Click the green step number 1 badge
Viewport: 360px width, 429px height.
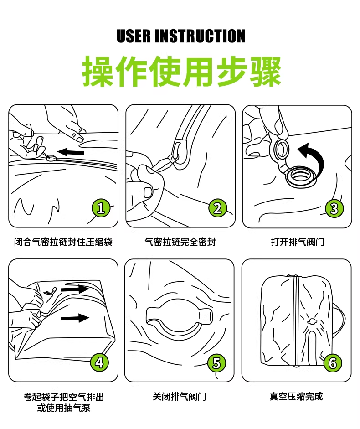tap(101, 208)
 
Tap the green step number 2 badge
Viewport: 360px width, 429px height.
tap(218, 208)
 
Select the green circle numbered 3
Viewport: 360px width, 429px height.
tap(334, 208)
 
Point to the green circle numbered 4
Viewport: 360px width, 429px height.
tap(100, 363)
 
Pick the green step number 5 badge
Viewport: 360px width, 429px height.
tap(216, 363)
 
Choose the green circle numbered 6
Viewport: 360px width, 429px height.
tap(333, 363)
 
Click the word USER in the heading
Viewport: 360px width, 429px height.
tap(134, 36)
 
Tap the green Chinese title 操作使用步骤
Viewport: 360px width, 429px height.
tap(182, 71)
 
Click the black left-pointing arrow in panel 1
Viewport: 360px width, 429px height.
tap(71, 152)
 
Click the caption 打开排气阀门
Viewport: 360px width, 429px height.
tap(298, 242)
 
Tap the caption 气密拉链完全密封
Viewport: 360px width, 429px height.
tap(180, 242)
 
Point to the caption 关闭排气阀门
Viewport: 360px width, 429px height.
tap(180, 397)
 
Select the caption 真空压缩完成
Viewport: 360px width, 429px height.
tap(296, 397)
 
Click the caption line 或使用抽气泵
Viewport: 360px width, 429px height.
tap(64, 408)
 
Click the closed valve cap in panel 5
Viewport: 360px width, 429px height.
tap(179, 316)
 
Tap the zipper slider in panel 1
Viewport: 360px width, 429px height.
tap(51, 158)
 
